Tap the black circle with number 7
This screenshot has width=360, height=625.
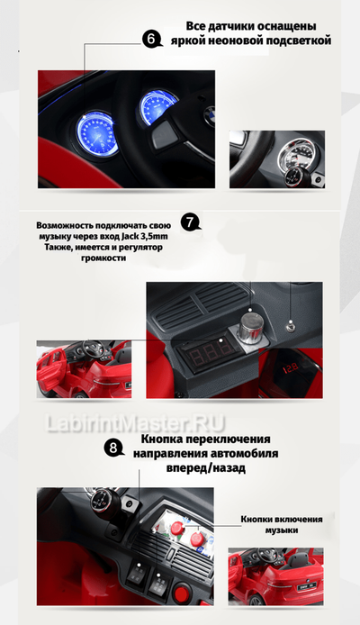[189, 222]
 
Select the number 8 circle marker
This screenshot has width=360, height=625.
[113, 448]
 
